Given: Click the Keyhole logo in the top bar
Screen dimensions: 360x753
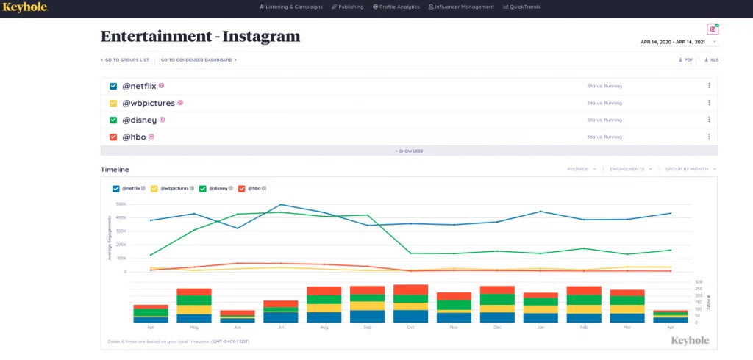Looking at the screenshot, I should [25, 7].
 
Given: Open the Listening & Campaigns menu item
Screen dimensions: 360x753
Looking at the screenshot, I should [292, 7].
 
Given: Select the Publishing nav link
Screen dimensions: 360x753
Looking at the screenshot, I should [348, 7].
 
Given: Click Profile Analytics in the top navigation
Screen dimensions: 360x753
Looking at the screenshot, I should [396, 7].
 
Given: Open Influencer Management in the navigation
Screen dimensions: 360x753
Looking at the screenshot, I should [462, 7].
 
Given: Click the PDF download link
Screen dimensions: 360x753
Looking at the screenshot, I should [685, 60].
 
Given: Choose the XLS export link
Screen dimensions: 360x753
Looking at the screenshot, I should [711, 60].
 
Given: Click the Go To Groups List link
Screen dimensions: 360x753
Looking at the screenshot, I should [125, 60].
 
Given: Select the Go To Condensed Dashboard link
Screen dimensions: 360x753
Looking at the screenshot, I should [199, 60].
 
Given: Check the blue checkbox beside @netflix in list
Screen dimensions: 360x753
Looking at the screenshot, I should [113, 86].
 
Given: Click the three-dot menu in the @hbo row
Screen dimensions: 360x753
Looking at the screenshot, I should [709, 136].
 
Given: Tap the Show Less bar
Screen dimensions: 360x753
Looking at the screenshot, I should [409, 151].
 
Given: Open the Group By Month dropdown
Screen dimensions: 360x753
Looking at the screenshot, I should [690, 169].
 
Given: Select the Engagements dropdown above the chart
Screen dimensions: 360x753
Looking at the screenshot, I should [631, 169].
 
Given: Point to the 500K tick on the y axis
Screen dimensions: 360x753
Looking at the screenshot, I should [121, 204].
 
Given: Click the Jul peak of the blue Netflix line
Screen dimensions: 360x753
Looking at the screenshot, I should [280, 205].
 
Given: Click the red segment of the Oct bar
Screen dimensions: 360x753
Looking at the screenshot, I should [410, 289].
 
